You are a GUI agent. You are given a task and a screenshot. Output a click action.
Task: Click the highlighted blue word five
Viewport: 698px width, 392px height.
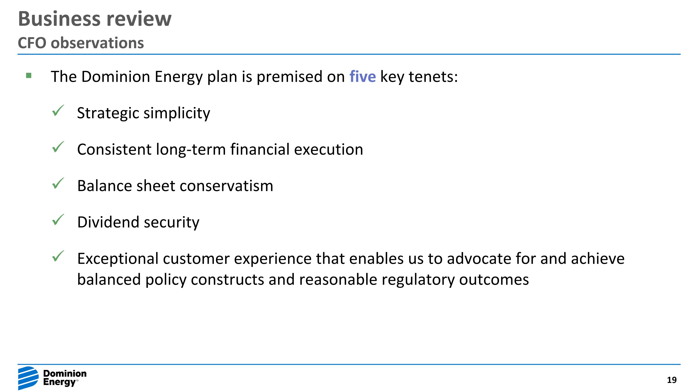point(362,76)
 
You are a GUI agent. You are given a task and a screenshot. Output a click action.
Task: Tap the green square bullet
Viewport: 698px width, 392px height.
point(29,75)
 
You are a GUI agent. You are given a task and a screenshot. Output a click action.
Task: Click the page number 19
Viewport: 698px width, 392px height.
point(671,380)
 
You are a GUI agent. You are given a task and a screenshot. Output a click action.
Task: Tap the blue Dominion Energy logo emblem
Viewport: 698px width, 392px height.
point(28,378)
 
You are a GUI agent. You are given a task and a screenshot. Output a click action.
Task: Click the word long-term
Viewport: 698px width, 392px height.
point(191,149)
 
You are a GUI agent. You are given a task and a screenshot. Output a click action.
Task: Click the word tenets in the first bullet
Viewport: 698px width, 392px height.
point(433,76)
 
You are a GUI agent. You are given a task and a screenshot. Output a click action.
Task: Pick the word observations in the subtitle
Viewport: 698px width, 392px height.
point(97,43)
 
